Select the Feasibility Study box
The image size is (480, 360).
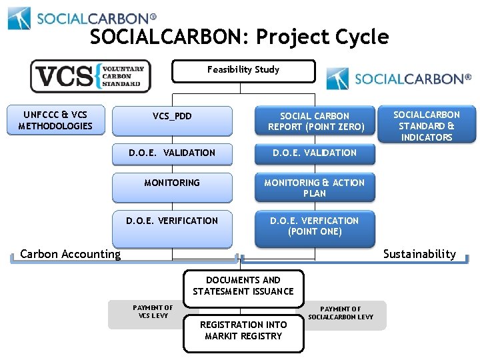[243, 71]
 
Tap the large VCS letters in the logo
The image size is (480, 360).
[65, 77]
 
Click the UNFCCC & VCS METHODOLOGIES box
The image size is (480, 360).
[55, 121]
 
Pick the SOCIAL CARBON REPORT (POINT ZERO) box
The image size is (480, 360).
[315, 121]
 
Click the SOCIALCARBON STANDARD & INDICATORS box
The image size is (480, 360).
[427, 125]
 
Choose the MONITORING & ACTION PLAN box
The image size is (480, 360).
[315, 187]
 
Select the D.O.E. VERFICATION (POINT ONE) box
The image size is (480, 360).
[315, 227]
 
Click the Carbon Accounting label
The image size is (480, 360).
[71, 253]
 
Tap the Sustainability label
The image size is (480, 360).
[419, 253]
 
